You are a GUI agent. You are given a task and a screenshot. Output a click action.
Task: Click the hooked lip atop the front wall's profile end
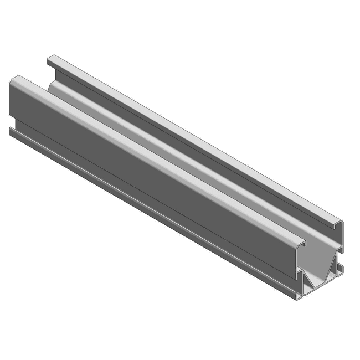pos(302,243)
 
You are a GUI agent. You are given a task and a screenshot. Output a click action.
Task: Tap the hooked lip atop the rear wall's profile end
pos(338,224)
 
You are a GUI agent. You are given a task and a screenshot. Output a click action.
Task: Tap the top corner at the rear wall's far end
pos(50,57)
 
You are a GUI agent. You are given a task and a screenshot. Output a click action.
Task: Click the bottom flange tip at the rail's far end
pos(11,131)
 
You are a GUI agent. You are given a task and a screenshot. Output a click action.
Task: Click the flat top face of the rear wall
pos(194,141)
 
